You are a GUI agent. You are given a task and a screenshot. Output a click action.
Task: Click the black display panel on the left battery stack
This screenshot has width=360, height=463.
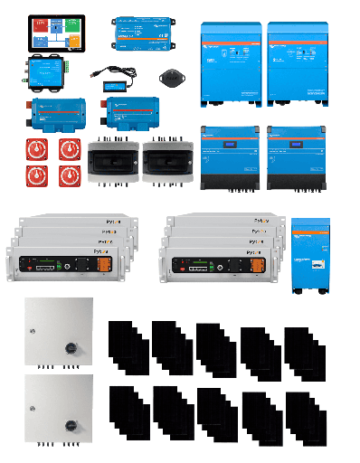tap(45, 266)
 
